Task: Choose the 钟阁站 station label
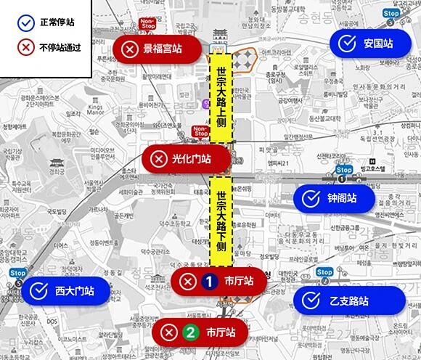(334, 197)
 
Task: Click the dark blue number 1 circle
(209, 281)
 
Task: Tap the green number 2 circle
(190, 333)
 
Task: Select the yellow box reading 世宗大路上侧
(220, 97)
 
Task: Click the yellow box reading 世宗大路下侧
(220, 221)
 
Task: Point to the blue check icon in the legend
(26, 22)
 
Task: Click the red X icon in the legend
(26, 48)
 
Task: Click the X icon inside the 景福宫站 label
(129, 49)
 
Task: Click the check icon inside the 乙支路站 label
(311, 300)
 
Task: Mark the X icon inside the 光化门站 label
(158, 158)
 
